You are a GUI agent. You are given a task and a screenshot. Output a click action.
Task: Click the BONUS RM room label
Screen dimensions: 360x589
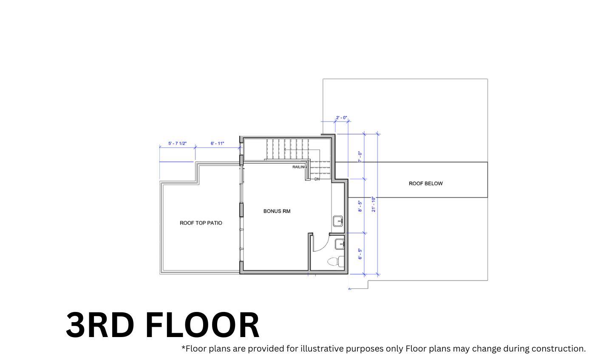click(x=277, y=211)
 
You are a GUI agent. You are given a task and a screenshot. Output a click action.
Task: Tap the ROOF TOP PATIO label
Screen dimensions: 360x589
click(x=201, y=223)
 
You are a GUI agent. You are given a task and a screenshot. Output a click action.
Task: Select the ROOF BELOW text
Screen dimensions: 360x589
click(x=425, y=184)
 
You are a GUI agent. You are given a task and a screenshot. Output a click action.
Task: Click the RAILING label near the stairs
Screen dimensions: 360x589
click(x=299, y=167)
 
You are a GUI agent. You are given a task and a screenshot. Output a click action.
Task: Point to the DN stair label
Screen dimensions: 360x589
click(x=317, y=179)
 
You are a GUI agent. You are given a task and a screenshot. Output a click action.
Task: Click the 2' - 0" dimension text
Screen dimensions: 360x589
click(x=341, y=118)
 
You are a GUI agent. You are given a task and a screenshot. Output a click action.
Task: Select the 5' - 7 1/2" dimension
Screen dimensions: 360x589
click(x=177, y=144)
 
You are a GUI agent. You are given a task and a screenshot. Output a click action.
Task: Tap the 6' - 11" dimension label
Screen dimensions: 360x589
click(x=217, y=144)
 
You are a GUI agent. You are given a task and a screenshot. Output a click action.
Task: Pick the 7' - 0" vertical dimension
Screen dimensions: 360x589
click(x=360, y=156)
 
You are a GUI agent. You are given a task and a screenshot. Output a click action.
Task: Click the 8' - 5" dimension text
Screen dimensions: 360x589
click(x=360, y=206)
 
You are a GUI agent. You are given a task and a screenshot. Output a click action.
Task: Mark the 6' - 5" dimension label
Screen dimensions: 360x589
click(x=360, y=254)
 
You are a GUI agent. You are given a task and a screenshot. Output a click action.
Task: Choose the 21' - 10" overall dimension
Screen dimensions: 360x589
click(x=374, y=204)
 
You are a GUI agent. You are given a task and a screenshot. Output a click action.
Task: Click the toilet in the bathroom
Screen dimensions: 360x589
click(x=335, y=261)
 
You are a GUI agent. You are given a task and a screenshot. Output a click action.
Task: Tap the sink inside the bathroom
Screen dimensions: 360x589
click(x=340, y=244)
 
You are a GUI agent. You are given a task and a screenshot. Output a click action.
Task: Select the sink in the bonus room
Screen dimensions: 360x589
click(x=337, y=221)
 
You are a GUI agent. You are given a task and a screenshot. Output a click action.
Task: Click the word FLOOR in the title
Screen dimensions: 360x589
click(x=202, y=325)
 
